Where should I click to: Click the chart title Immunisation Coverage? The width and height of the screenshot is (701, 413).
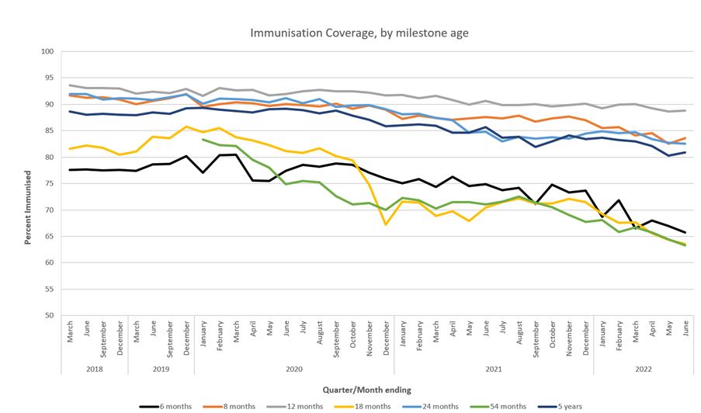tap(359, 33)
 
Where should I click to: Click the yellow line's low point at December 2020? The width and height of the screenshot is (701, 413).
tap(386, 224)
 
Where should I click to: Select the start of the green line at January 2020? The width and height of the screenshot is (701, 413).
tap(203, 140)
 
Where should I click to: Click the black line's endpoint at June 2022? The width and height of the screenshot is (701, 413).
tap(685, 232)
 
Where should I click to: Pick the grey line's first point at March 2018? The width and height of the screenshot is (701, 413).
tap(71, 85)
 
